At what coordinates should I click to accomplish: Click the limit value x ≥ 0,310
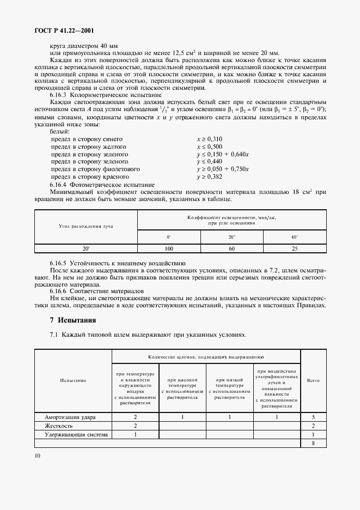[210, 139]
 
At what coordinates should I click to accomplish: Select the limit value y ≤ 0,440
[210, 162]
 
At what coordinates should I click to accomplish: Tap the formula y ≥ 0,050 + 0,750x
[222, 169]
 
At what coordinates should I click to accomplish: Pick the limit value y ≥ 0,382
[210, 177]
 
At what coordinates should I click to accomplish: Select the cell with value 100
[169, 248]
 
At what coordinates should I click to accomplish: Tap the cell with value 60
[231, 248]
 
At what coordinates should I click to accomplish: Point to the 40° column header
[294, 238]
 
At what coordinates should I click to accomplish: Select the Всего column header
[314, 380]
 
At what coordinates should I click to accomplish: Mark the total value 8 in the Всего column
[314, 443]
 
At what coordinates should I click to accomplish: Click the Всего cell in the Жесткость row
[314, 426]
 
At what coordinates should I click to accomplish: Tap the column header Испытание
[74, 380]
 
